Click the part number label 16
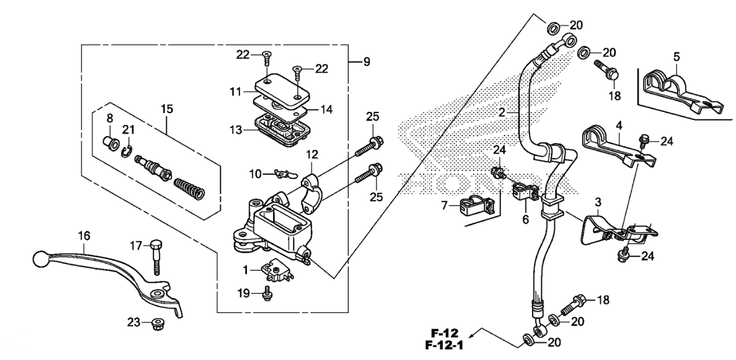coord(84,236)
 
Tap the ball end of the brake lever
coord(41,259)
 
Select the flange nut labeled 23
coord(158,324)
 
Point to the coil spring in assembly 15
coord(189,189)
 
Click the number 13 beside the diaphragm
coord(236,130)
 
